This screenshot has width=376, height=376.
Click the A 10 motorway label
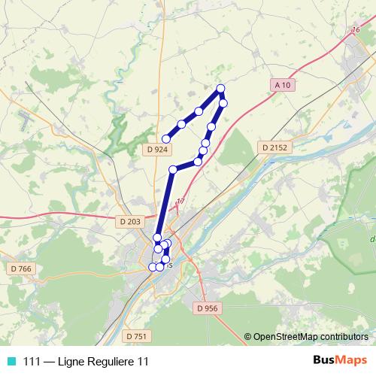(282, 86)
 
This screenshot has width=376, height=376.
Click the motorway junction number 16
(355, 30)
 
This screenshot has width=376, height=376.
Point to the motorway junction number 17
(180, 201)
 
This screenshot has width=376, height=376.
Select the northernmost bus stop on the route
(220, 89)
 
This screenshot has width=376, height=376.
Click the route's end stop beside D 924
(166, 138)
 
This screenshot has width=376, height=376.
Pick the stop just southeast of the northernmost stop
(223, 102)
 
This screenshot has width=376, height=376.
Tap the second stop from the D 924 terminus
(181, 124)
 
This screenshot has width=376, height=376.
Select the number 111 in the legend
(32, 362)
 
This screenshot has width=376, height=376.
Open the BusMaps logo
(340, 361)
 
